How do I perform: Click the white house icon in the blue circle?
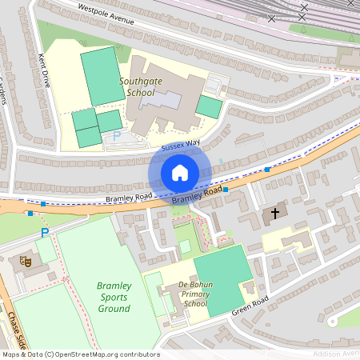click(x=180, y=173)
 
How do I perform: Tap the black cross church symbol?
click(x=275, y=214)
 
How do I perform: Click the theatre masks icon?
click(x=26, y=261)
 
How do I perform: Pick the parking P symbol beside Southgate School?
click(x=116, y=136)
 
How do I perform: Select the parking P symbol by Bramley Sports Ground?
click(x=45, y=233)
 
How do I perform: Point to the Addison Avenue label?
click(x=336, y=353)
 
